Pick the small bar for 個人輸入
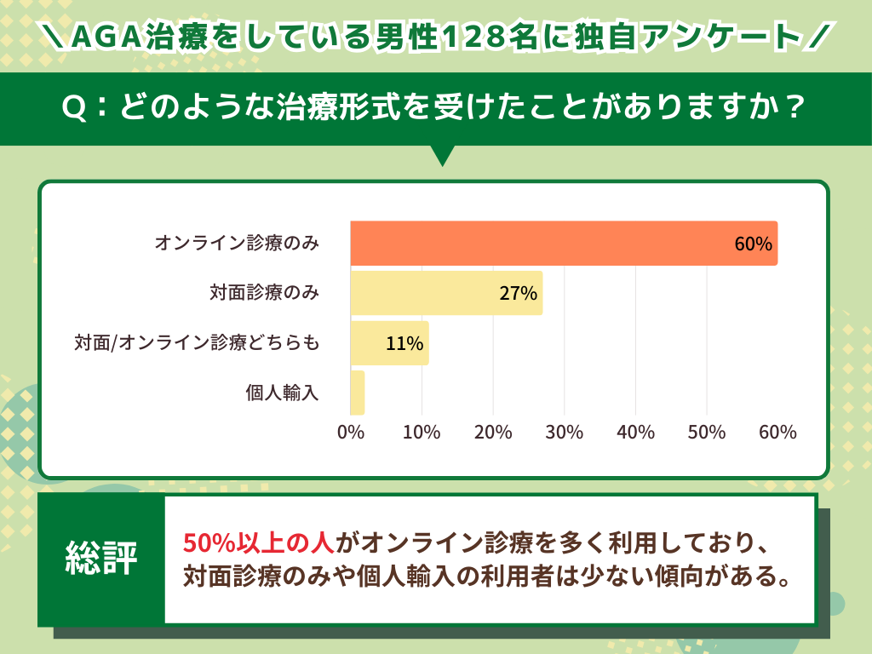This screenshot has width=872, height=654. [x=358, y=393]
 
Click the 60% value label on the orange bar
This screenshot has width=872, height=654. [x=753, y=244]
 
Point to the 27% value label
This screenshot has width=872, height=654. [x=518, y=294]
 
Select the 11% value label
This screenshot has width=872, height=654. [x=404, y=344]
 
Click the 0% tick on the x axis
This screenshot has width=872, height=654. [x=351, y=432]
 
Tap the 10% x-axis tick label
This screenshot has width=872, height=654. [x=422, y=432]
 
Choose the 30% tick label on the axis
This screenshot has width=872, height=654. [x=564, y=432]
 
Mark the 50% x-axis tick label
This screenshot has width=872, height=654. [x=706, y=432]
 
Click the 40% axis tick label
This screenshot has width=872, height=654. [x=635, y=432]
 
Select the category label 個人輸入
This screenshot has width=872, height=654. [x=281, y=393]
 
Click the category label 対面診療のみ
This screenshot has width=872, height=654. [x=264, y=293]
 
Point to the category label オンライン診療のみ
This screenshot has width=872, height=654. [x=237, y=244]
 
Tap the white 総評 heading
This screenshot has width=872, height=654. [x=101, y=559]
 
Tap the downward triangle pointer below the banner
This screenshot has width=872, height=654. [x=443, y=156]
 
